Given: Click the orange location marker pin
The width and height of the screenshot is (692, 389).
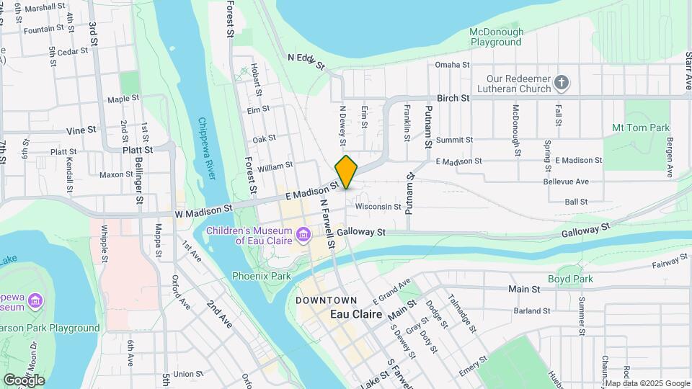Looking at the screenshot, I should click(347, 171).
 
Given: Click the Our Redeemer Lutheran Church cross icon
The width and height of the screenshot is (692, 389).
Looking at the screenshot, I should click(563, 84).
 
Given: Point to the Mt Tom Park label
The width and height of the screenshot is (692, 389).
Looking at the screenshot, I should click(640, 128).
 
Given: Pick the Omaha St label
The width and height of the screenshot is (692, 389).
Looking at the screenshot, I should click(452, 65).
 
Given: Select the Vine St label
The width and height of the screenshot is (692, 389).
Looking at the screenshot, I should click(81, 130).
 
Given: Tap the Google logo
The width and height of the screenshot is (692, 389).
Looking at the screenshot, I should click(23, 380).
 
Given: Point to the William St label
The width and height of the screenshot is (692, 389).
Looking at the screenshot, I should click(275, 166).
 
